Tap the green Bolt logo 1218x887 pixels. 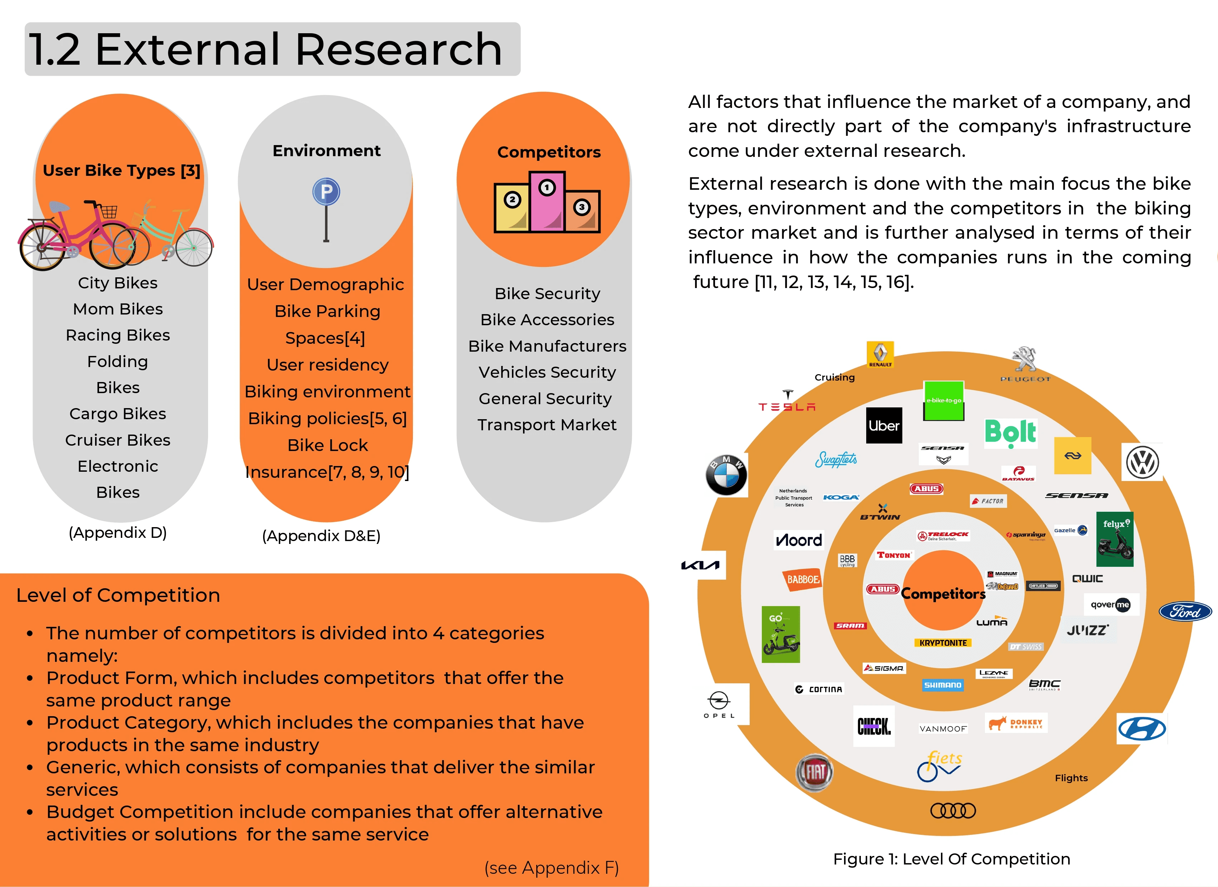tap(1010, 433)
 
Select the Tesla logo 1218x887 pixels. tap(787, 402)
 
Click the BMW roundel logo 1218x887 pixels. tap(726, 475)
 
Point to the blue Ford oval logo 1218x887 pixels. tap(1185, 611)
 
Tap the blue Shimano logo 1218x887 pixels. tap(942, 685)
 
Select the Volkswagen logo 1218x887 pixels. tap(1142, 462)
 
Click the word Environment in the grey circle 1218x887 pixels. tap(326, 151)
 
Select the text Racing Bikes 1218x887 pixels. tap(118, 335)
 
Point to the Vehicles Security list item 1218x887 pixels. tap(547, 372)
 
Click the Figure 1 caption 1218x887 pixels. tap(951, 859)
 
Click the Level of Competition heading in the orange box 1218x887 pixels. tap(118, 595)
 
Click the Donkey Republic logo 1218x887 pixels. tap(1016, 723)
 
